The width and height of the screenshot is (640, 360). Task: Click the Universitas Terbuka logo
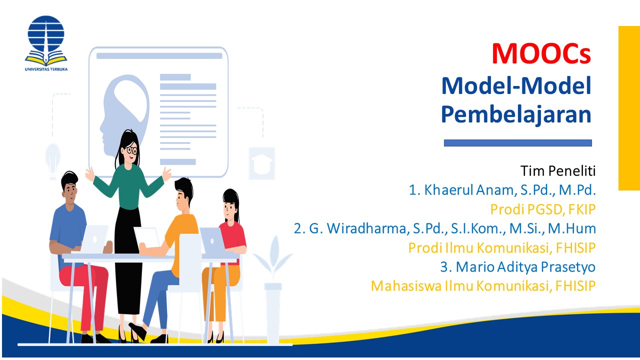coord(45,42)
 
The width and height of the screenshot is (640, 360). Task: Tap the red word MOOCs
coord(541,54)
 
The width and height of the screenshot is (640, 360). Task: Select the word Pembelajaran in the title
coord(516,114)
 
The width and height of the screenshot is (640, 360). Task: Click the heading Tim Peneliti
coord(558,171)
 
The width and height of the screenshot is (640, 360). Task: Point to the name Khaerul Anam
coord(463,190)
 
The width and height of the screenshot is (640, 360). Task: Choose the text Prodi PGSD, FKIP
coord(543,208)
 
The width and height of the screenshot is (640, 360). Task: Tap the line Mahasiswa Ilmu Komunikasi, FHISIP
coord(483,285)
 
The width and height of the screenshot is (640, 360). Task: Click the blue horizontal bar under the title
coord(517,143)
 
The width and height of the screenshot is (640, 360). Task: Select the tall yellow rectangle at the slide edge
coord(629,108)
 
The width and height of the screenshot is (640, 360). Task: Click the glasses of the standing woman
coord(131,149)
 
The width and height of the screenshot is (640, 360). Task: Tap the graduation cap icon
coord(262,163)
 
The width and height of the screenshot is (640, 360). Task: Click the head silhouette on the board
coord(123,110)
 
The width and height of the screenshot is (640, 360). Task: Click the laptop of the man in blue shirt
coord(94,239)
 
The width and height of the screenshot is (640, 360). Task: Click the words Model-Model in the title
coord(516,86)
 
